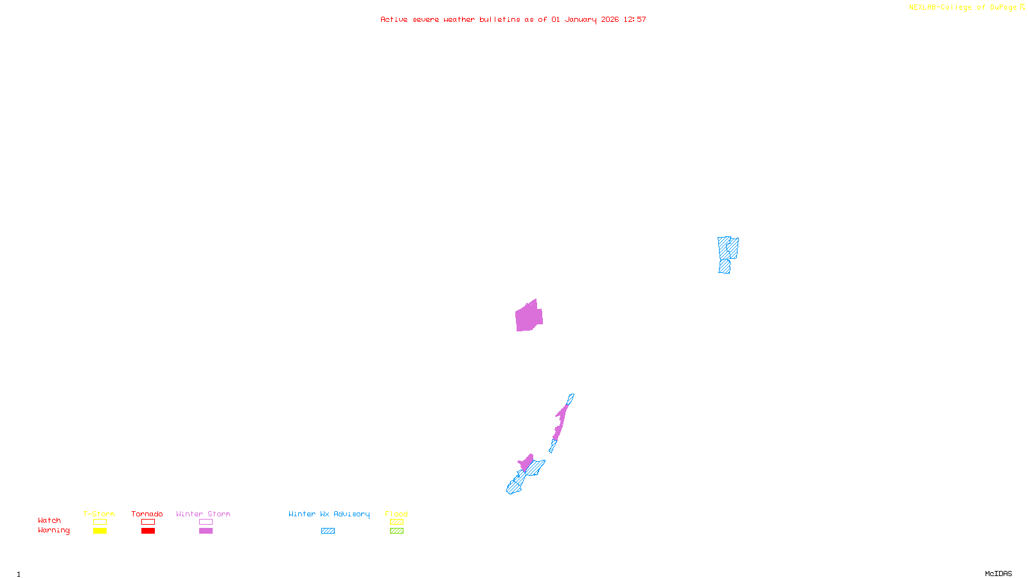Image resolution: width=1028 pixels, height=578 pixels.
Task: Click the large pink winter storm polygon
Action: click(529, 316)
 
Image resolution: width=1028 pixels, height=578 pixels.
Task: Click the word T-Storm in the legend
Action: click(99, 514)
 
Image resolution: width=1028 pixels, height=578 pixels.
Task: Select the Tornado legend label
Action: click(147, 514)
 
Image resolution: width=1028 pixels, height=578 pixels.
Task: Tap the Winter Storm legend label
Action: click(203, 514)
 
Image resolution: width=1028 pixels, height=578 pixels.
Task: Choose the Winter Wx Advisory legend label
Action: click(329, 514)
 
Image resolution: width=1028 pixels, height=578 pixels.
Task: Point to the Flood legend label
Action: click(396, 514)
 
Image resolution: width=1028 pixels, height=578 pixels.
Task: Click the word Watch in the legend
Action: click(49, 520)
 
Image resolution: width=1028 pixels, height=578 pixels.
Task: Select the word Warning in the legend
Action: click(53, 530)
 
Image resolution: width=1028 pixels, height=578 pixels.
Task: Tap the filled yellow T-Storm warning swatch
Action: click(100, 531)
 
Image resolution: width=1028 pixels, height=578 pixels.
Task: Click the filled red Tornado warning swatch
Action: click(148, 531)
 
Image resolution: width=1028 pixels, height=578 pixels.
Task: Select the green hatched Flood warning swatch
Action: click(397, 531)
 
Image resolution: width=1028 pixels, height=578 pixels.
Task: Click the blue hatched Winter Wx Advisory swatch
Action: click(328, 531)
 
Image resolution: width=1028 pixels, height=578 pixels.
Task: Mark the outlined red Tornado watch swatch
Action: click(148, 522)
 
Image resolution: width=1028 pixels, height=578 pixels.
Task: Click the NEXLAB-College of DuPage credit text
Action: click(963, 8)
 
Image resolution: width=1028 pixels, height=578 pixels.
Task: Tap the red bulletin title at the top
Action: click(513, 19)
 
